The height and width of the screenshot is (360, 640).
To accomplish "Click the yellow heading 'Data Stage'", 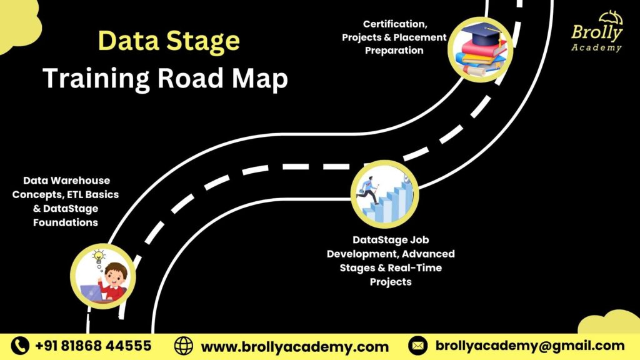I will (169, 42).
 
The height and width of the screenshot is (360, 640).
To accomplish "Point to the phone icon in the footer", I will (21, 346).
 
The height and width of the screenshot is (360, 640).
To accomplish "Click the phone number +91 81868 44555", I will (93, 346).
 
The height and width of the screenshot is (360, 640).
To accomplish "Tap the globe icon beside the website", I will (184, 346).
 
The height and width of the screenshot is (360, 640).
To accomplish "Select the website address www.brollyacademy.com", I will (294, 346).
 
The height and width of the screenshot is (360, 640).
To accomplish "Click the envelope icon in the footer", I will (417, 346).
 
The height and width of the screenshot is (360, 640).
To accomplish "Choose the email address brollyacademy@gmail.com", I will (529, 346).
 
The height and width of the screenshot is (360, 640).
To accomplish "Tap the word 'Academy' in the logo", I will (597, 47).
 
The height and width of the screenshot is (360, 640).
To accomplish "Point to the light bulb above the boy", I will (99, 256).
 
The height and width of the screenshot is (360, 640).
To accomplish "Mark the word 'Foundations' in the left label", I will (66, 222).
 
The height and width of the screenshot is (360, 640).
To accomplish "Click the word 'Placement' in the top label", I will (423, 37).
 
